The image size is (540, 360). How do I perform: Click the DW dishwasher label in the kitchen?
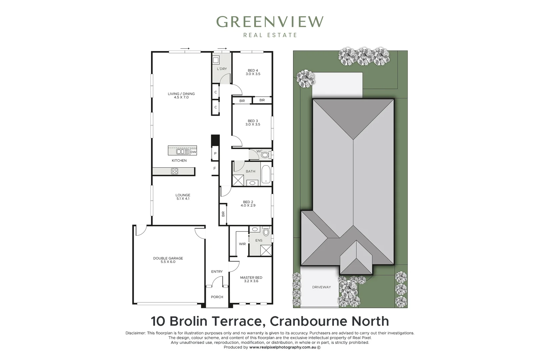pos(193,152)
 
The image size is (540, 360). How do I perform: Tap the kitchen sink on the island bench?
pos(182,152)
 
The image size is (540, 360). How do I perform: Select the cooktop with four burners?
pos(175,171)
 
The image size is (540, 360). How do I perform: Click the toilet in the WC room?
pos(265,155)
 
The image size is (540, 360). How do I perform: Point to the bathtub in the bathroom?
pos(266,174)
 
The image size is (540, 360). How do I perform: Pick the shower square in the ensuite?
pos(266,250)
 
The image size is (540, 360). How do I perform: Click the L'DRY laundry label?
pos(222,69)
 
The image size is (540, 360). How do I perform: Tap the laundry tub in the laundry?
pos(216,60)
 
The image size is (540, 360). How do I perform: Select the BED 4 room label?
pos(253,70)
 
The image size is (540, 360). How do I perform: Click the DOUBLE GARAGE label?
pos(168,258)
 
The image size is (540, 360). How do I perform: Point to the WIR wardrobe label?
pos(242,244)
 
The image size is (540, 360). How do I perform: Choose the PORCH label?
pos(217,297)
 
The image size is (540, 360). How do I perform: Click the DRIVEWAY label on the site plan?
pos(321,287)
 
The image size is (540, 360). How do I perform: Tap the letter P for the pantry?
pos(215,153)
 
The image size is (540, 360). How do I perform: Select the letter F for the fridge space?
pos(215,168)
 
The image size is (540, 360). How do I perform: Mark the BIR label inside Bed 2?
pos(223,214)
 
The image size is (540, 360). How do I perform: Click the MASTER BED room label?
pos(251,278)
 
